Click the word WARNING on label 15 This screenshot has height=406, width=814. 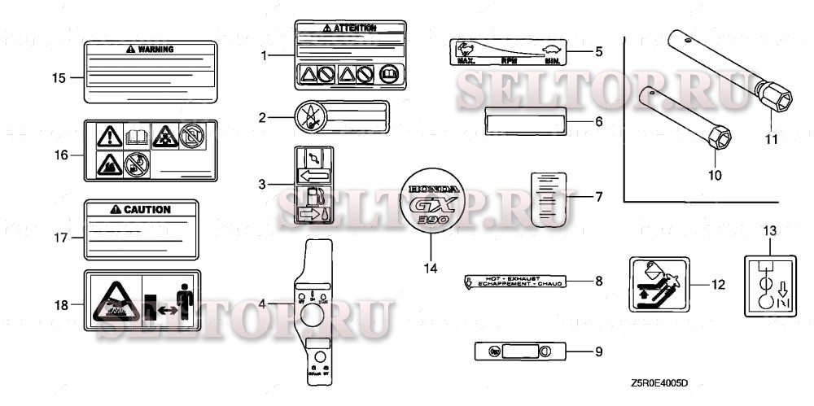(155, 49)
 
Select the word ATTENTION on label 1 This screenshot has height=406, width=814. (355, 28)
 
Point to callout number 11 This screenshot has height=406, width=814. (771, 139)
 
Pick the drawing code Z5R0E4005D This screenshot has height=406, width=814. (663, 382)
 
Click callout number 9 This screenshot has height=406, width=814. (598, 351)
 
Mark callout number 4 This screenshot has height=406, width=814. (262, 303)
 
